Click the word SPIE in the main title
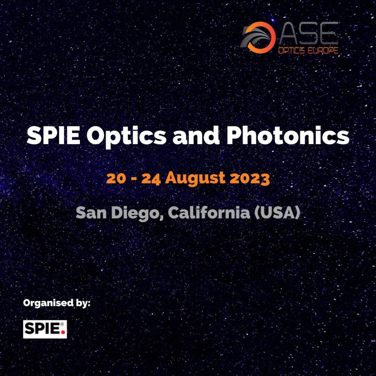pyautogui.click(x=54, y=135)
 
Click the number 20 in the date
pyautogui.click(x=116, y=178)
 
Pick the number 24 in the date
pyautogui.click(x=151, y=179)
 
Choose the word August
pyautogui.click(x=195, y=179)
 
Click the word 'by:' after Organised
pyautogui.click(x=83, y=303)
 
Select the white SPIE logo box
pyautogui.click(x=45, y=329)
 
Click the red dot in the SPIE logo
pyautogui.click(x=63, y=332)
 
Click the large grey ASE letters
pyautogui.click(x=309, y=33)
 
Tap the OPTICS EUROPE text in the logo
pyautogui.click(x=308, y=50)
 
